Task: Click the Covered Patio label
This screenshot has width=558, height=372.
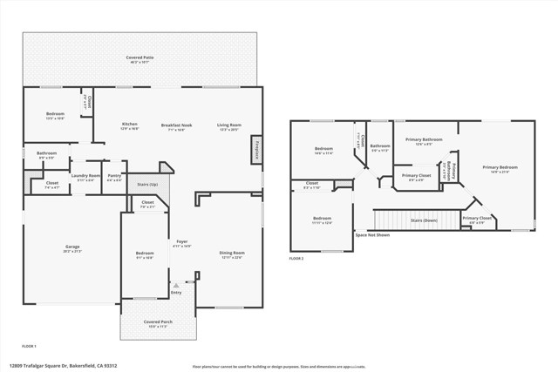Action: tap(140, 57)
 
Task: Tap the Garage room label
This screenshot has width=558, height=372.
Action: tap(71, 248)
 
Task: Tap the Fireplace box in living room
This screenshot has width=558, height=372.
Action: tap(257, 148)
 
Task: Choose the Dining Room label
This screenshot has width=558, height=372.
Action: tap(231, 254)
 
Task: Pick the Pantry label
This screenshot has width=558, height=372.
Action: tap(114, 177)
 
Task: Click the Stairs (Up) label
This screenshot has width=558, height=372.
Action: tap(148, 185)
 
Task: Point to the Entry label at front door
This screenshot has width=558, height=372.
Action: tap(176, 293)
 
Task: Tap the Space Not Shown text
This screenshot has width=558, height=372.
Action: tap(372, 235)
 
